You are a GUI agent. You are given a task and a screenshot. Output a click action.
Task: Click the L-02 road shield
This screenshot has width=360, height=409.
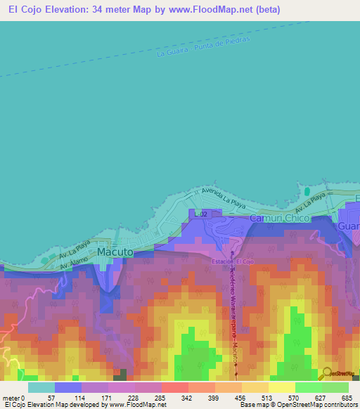tap(201, 214)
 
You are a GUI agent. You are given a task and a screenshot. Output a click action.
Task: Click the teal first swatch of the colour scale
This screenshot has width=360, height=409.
tap(41, 387)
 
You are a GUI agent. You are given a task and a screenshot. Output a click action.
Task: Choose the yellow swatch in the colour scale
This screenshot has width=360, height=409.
tap(282, 387)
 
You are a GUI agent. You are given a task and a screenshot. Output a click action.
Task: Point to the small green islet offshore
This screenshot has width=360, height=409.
tap(307, 191)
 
